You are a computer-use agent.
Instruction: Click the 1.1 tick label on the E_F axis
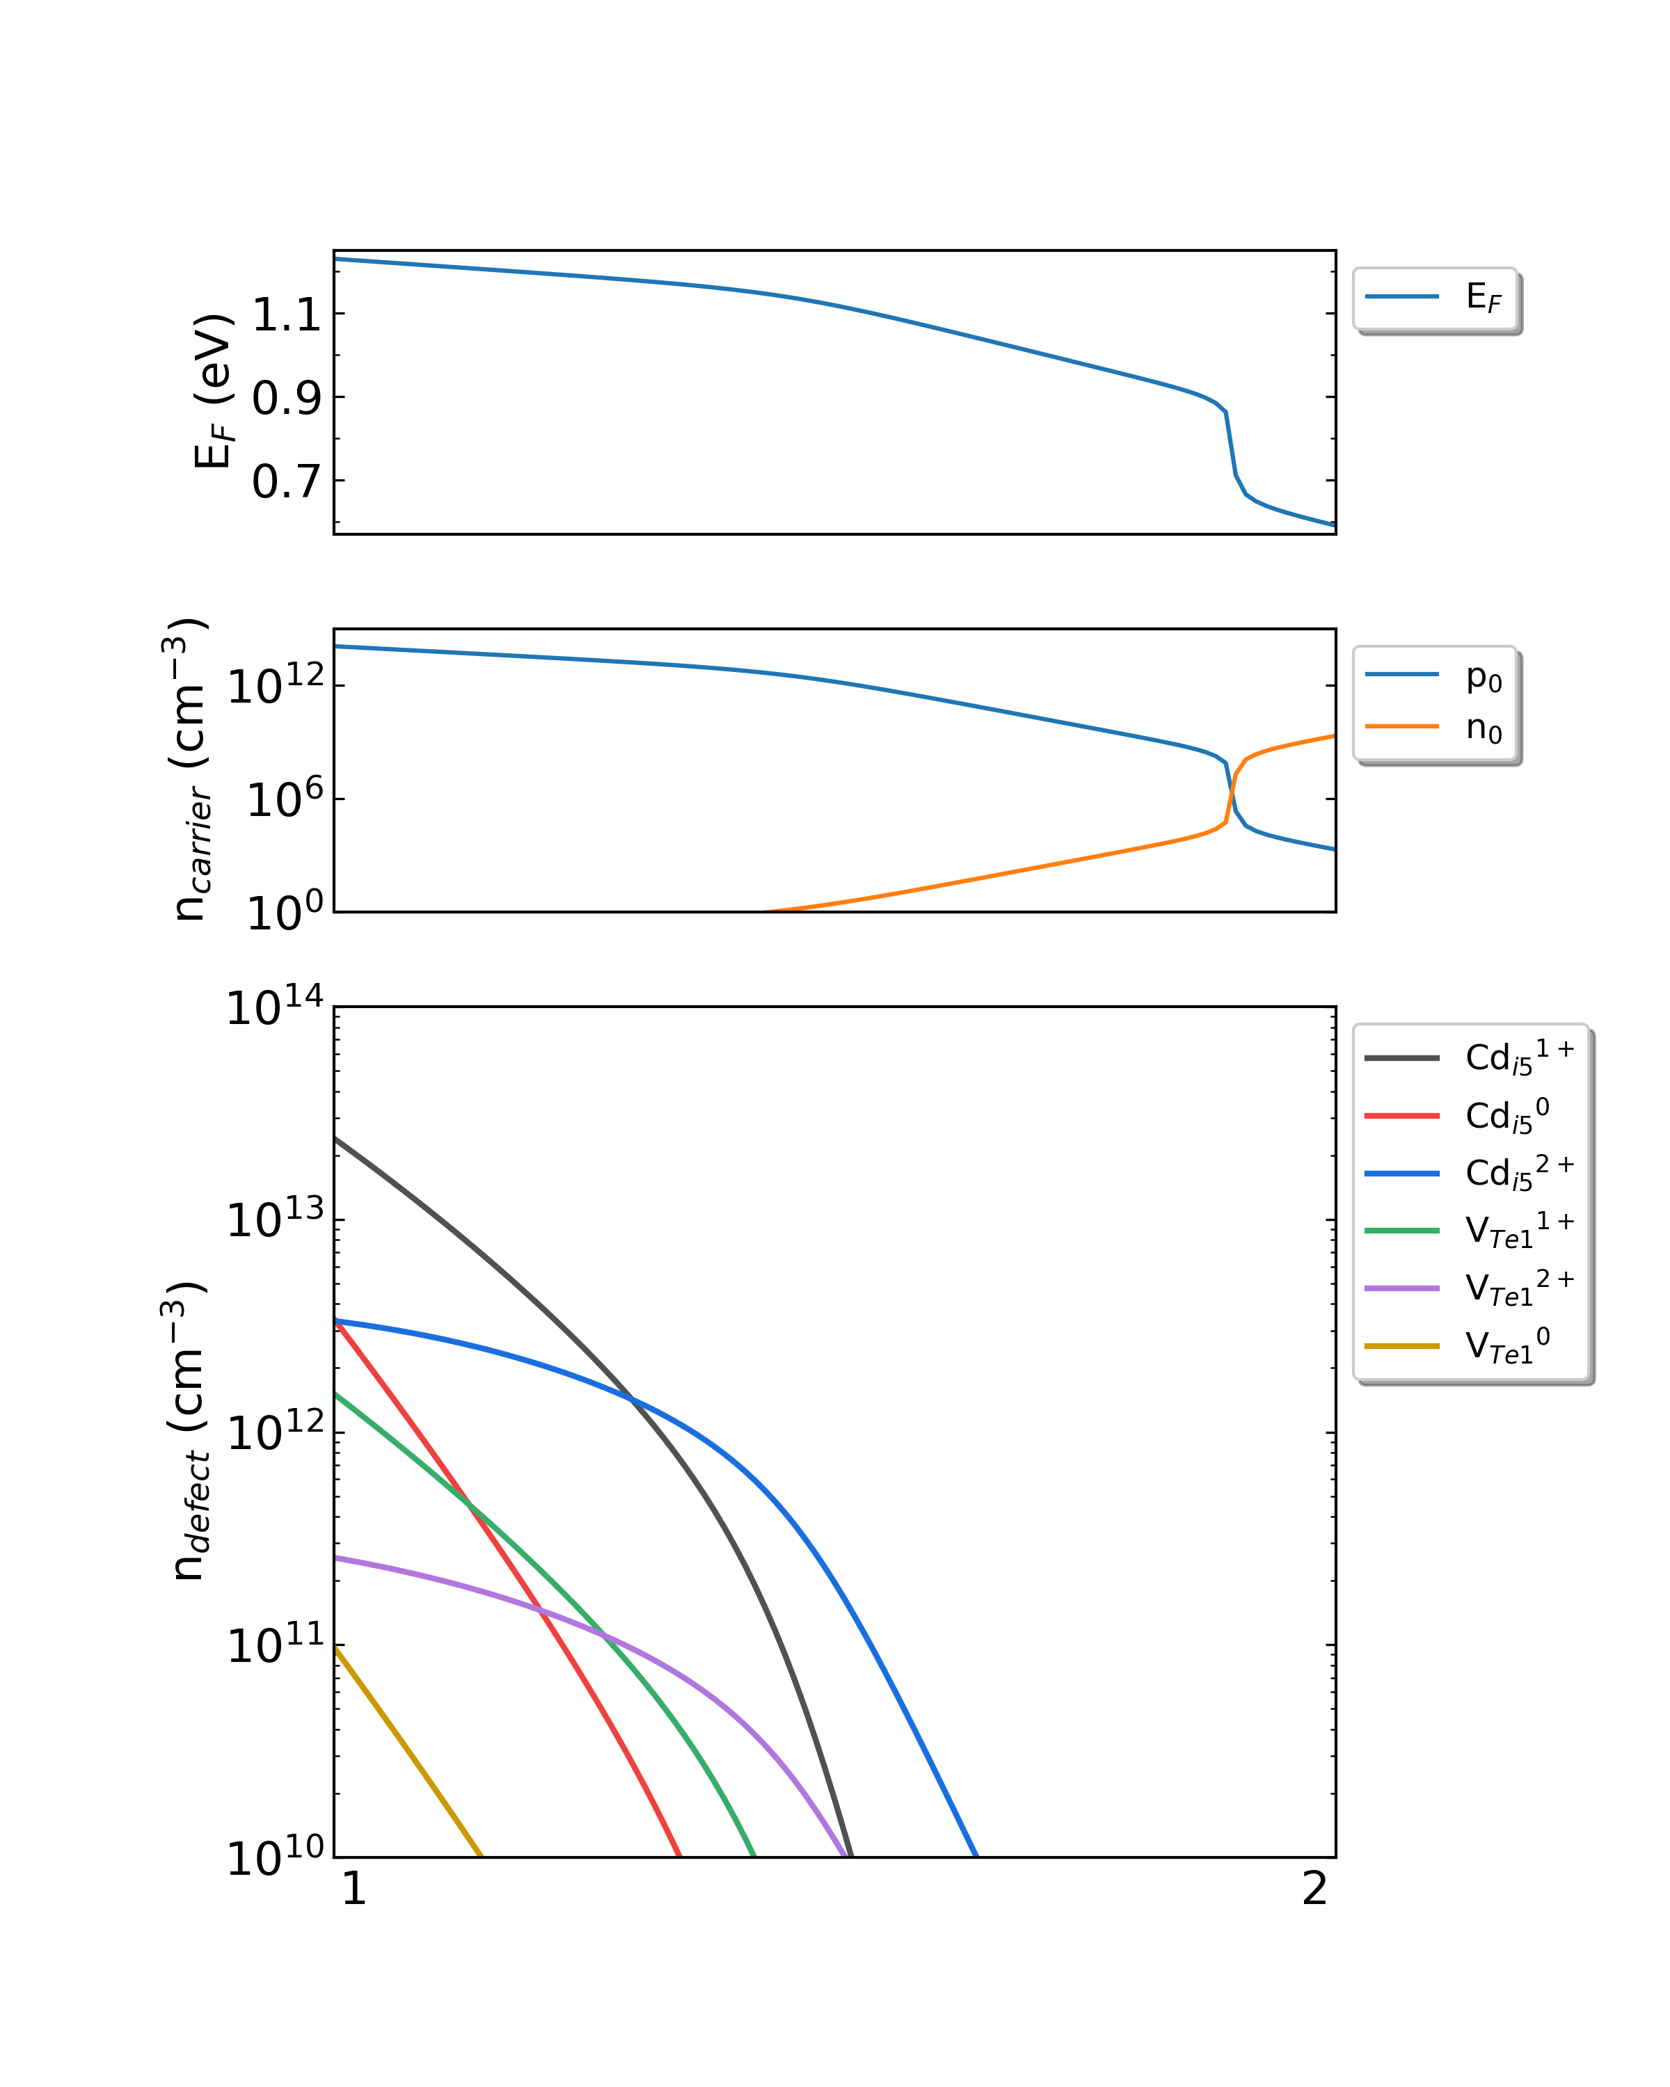(287, 316)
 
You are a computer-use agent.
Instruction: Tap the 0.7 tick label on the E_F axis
(287, 482)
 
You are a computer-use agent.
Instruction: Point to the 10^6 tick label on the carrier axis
(285, 798)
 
